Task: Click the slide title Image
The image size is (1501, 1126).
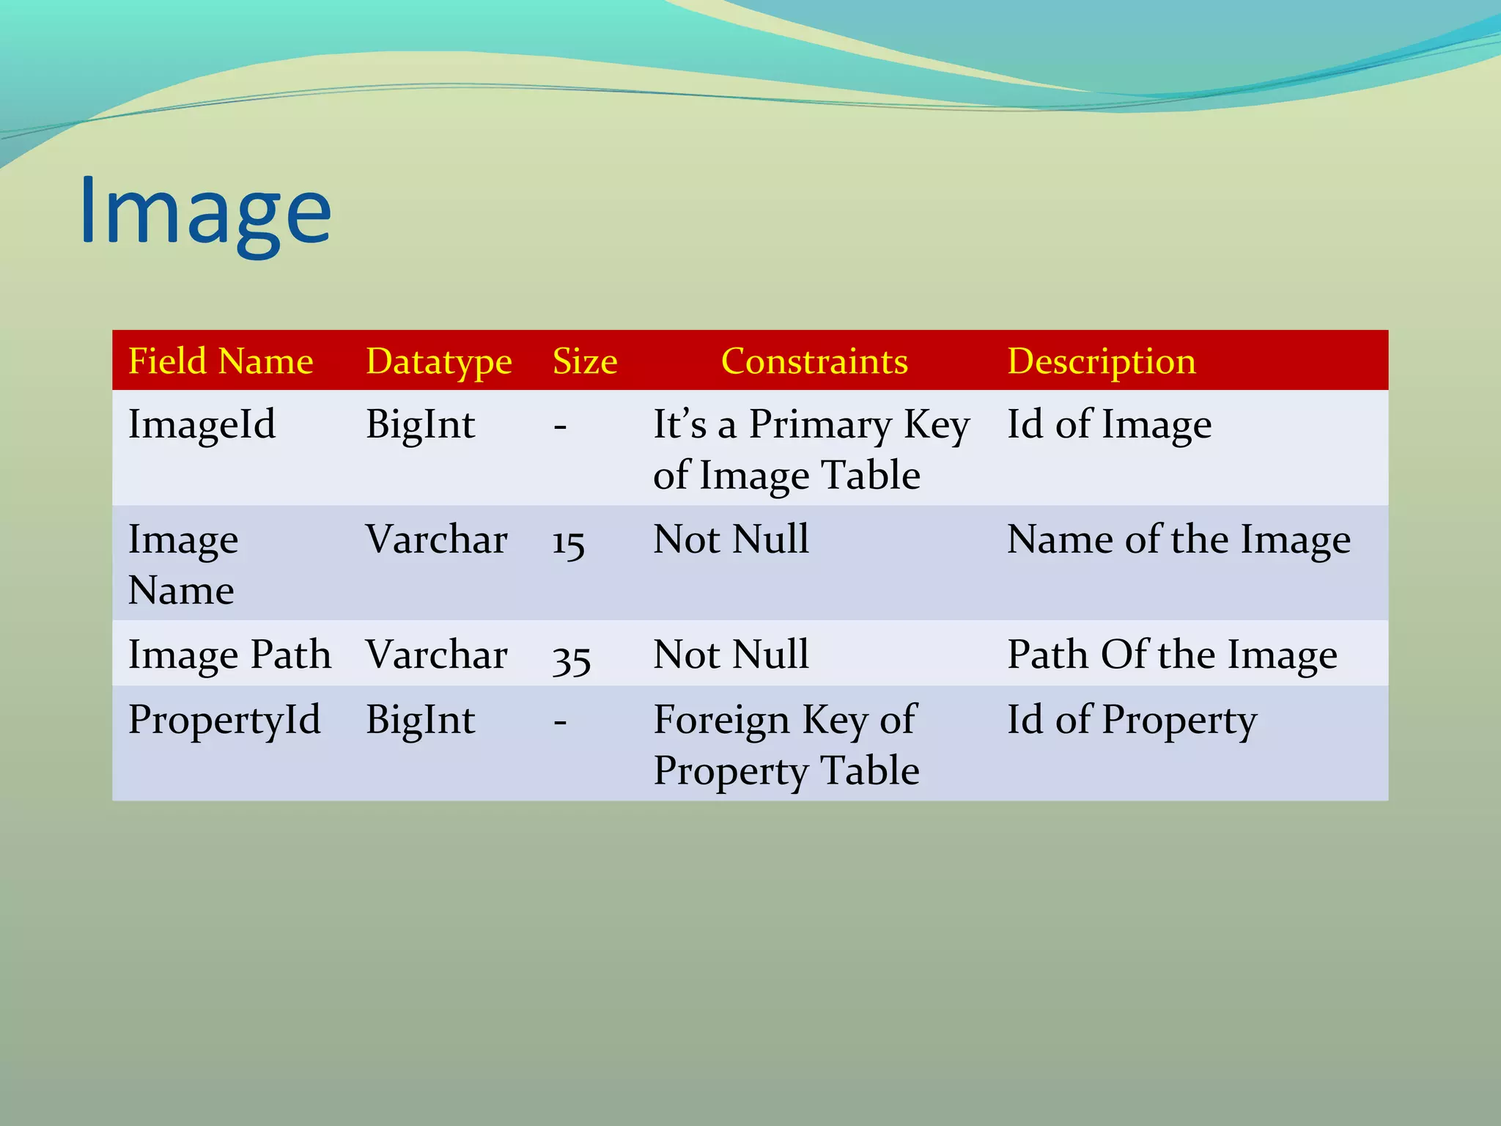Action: click(x=205, y=213)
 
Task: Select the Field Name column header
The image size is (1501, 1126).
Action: click(x=221, y=361)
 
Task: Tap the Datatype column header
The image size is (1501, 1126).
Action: click(x=438, y=361)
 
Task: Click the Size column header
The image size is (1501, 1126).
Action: click(x=584, y=361)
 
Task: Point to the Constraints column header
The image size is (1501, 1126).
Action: click(x=814, y=361)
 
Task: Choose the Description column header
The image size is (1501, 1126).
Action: click(x=1101, y=361)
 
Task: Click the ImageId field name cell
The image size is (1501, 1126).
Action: click(x=202, y=424)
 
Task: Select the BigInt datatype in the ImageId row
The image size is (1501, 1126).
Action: click(x=420, y=424)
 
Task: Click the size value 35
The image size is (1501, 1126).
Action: click(x=571, y=658)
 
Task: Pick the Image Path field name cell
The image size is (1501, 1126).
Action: click(x=229, y=655)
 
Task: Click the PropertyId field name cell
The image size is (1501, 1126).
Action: click(x=224, y=720)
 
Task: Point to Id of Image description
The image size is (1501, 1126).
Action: click(x=1109, y=424)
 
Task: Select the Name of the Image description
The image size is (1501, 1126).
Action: click(x=1178, y=540)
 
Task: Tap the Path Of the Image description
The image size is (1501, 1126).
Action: click(x=1171, y=655)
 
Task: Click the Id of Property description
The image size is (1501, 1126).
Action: click(x=1132, y=720)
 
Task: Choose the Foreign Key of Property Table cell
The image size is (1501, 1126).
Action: click(x=786, y=745)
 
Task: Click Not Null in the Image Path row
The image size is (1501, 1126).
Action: click(x=731, y=655)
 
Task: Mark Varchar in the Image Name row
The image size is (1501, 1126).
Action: click(x=436, y=540)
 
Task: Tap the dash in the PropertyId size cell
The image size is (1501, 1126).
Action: click(x=560, y=722)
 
